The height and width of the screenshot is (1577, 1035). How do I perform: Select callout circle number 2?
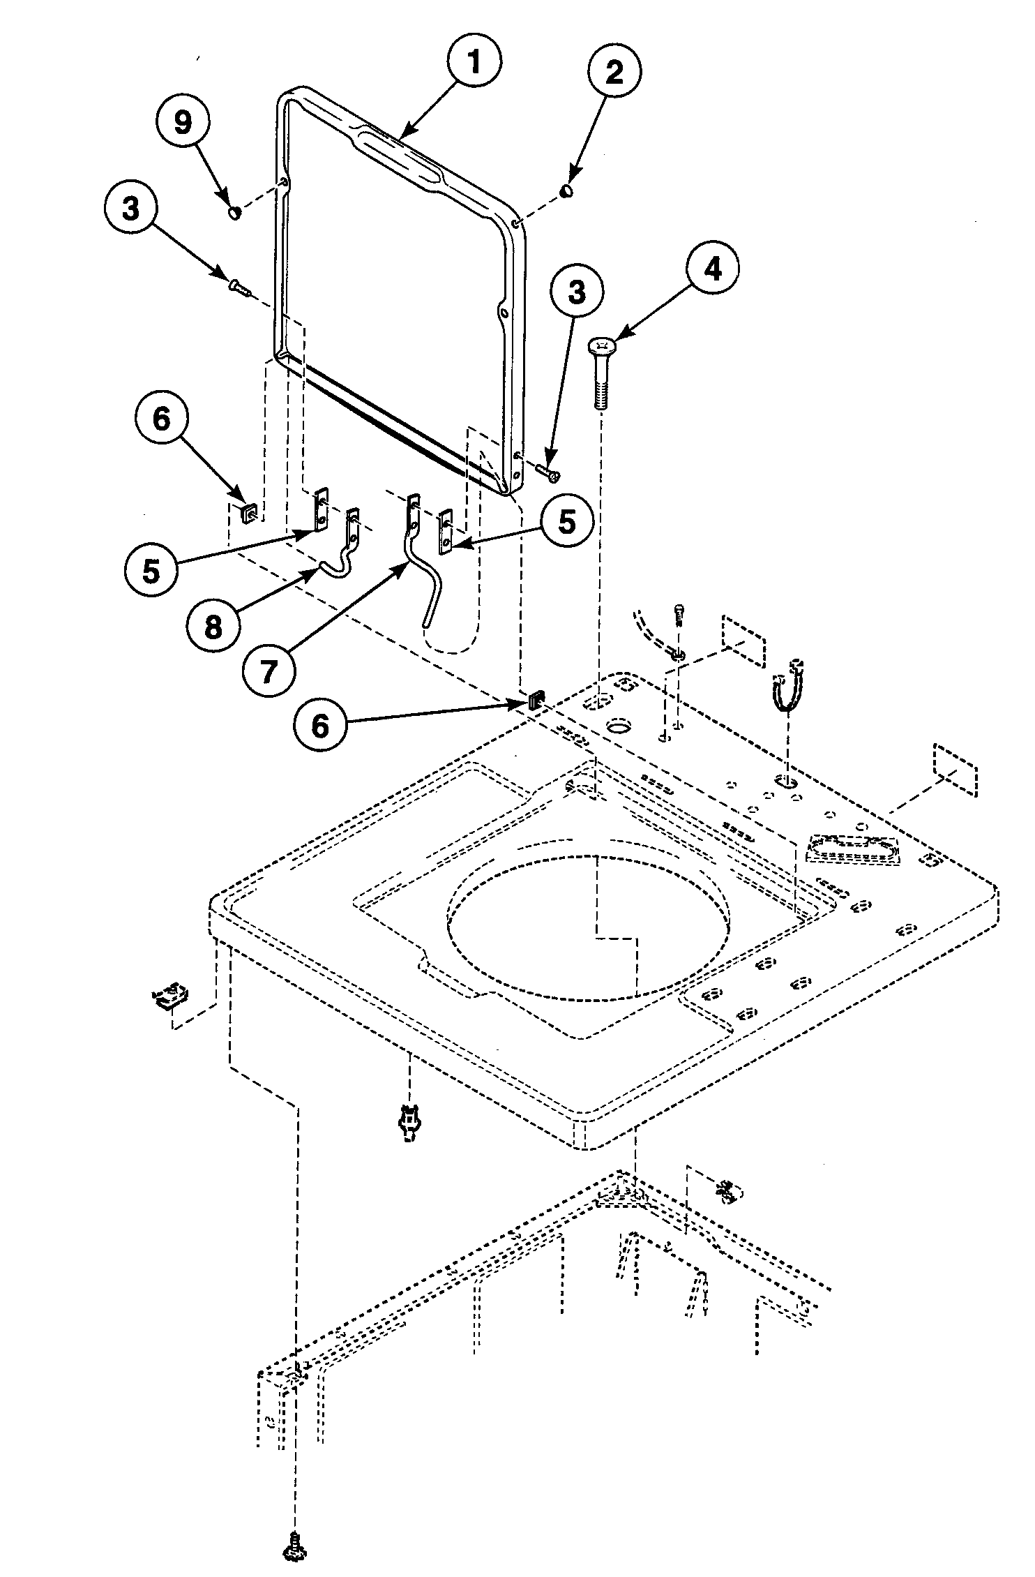(614, 72)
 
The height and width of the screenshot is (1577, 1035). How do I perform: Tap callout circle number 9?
(182, 123)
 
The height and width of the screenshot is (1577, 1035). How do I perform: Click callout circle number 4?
(712, 269)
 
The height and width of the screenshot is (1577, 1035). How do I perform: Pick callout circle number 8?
(213, 626)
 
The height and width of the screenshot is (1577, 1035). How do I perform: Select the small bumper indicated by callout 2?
(567, 190)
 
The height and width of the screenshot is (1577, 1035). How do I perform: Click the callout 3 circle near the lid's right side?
(576, 293)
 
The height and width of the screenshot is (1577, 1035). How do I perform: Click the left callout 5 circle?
(151, 570)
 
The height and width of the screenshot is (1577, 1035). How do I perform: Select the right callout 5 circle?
(568, 521)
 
